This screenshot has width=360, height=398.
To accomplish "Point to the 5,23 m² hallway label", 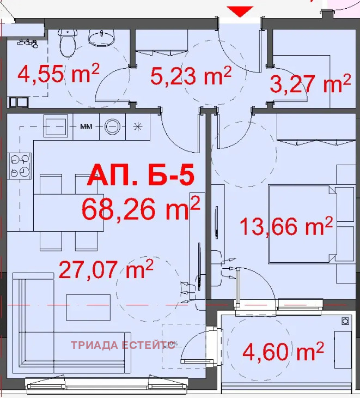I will (191, 76).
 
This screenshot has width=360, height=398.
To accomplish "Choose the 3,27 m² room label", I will (310, 84).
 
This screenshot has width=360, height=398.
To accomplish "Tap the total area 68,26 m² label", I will (141, 208).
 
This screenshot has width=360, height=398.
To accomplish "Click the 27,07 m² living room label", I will (106, 269).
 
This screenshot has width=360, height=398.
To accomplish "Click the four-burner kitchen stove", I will (20, 165).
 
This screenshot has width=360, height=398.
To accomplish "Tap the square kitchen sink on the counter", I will (56, 126).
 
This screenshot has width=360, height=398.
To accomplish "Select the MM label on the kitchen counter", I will (86, 126).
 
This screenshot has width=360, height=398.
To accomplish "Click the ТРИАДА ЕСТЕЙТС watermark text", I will (123, 345).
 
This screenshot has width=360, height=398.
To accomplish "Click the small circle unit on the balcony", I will (345, 322).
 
